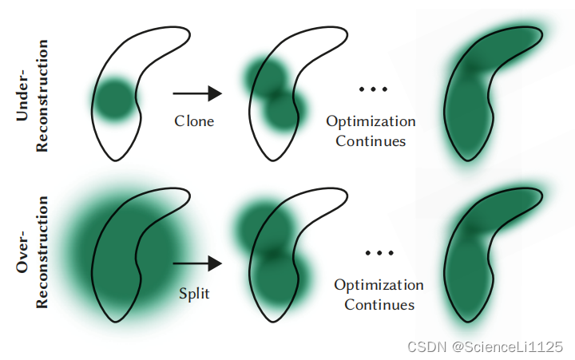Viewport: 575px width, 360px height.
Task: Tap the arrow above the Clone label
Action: pyautogui.click(x=197, y=93)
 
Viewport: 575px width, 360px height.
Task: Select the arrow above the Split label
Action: pyautogui.click(x=197, y=261)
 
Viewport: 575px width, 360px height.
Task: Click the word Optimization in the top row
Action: pyautogui.click(x=371, y=122)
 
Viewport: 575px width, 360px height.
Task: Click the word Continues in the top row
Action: pyautogui.click(x=371, y=141)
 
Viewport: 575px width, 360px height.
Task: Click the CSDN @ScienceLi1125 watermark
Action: pyautogui.click(x=486, y=346)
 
